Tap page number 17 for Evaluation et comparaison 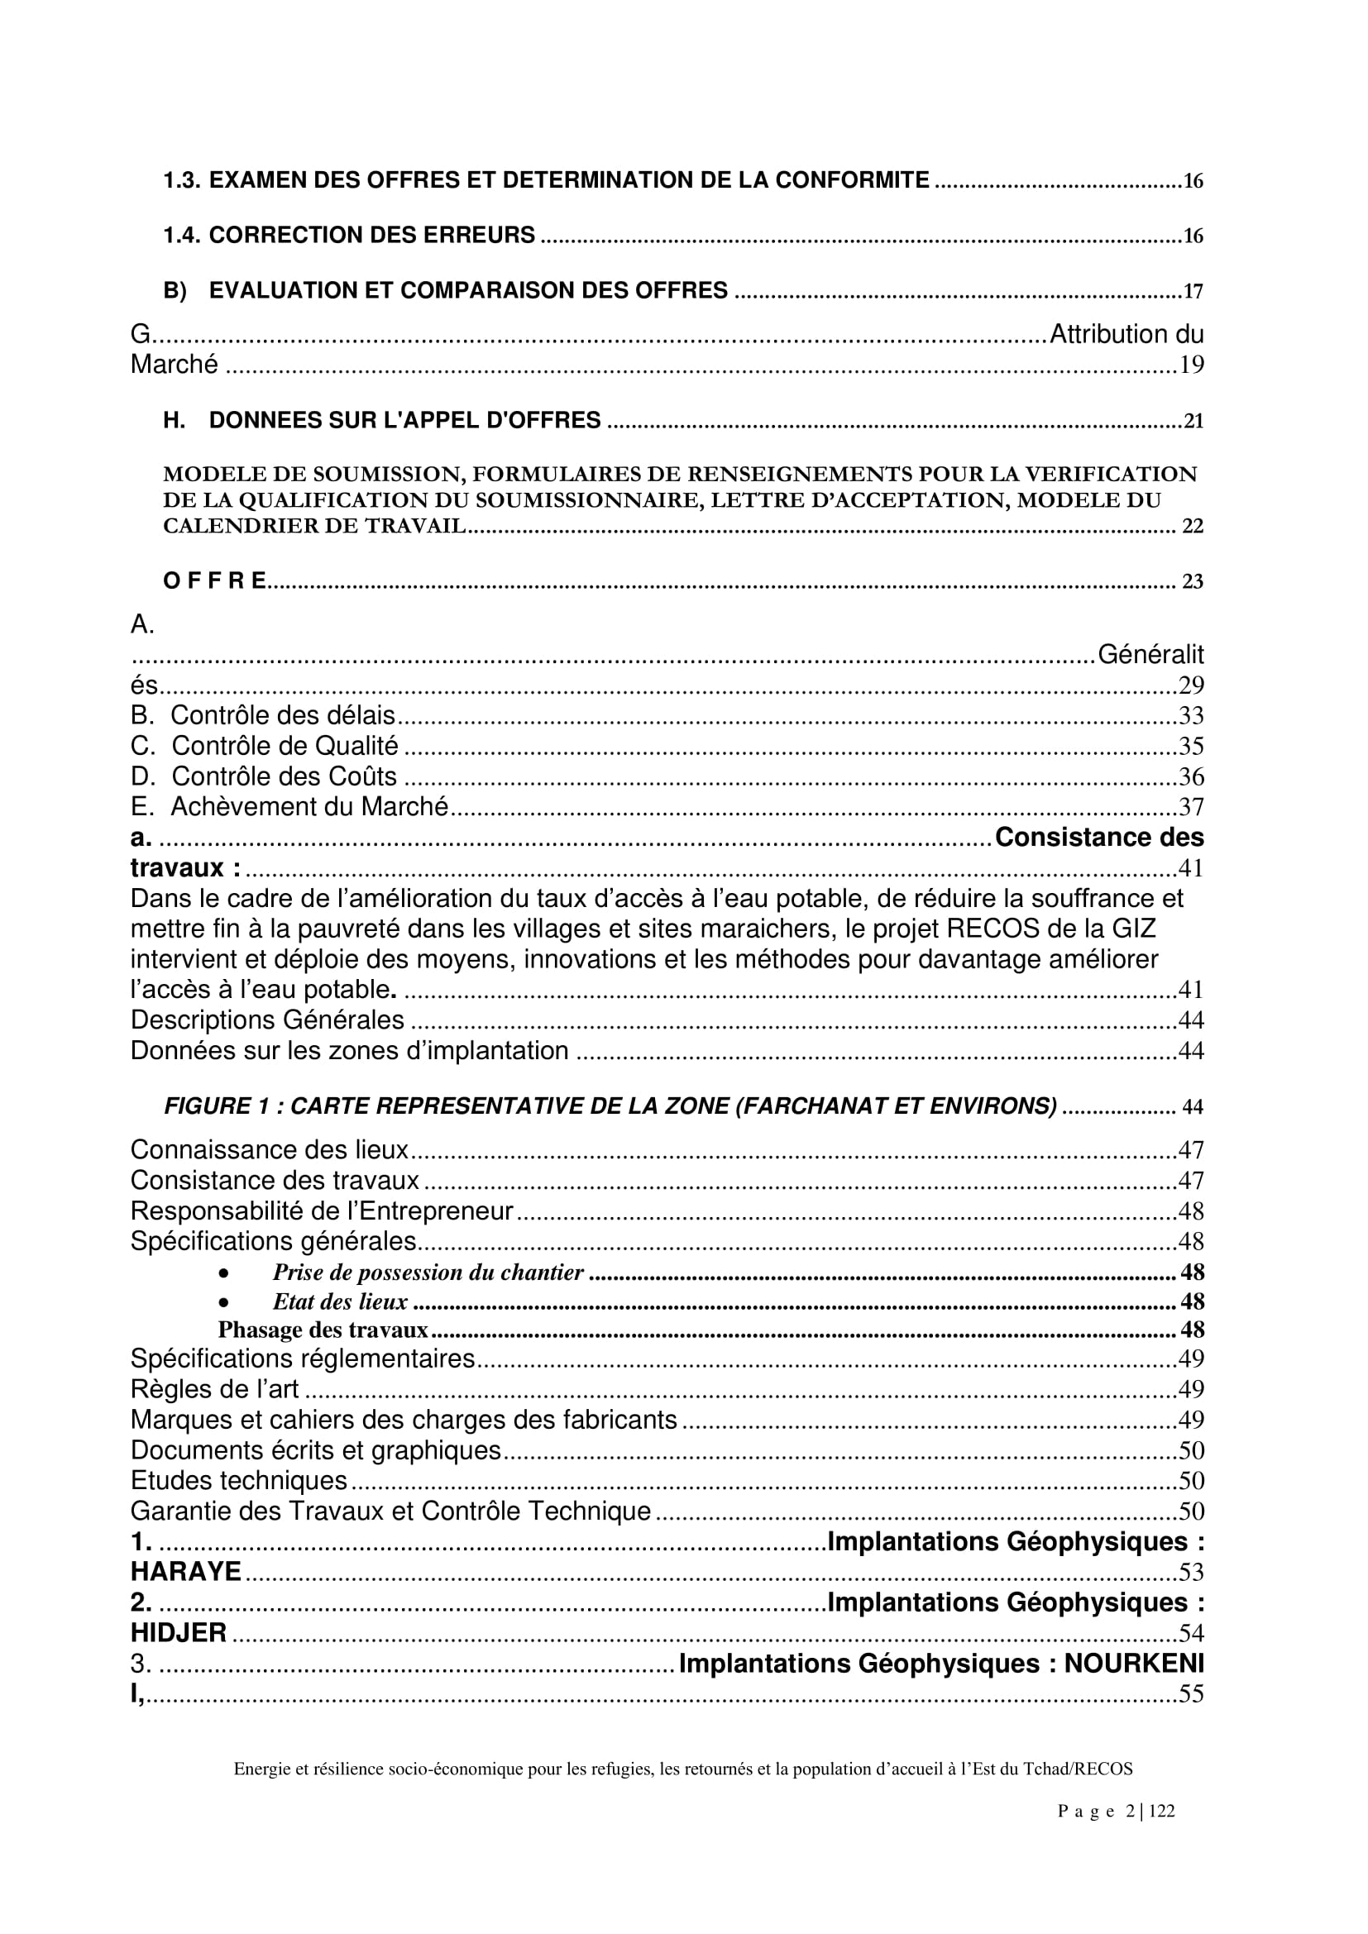1193,291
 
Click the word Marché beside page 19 175,365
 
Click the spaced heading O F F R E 215,580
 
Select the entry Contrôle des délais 282,715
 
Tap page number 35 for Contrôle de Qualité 1191,747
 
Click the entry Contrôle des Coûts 284,776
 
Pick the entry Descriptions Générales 267,1020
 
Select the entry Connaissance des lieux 269,1150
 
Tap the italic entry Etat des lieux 339,1302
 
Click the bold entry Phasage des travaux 323,1330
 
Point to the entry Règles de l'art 215,1389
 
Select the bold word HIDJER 179,1633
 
